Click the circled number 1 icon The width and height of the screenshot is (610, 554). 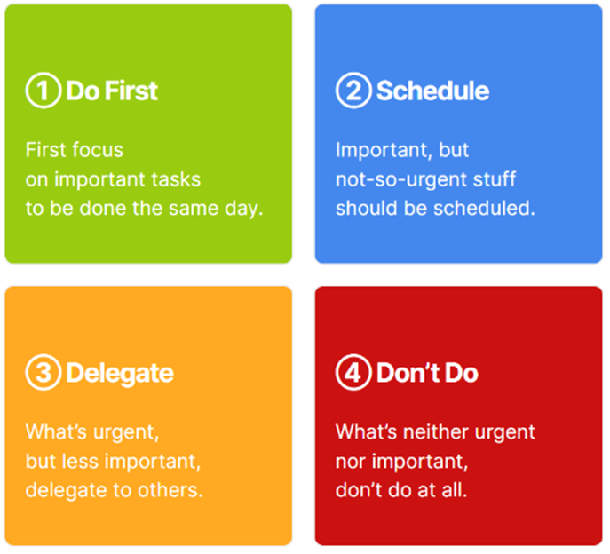(44, 91)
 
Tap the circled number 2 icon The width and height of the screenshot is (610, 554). (353, 91)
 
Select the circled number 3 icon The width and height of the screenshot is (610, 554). (44, 372)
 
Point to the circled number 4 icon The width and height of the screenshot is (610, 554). (353, 372)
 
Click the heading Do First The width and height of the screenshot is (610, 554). (112, 91)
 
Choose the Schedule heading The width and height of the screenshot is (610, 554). (432, 91)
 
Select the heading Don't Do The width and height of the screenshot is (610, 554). (427, 373)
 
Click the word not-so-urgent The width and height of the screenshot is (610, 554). (401, 180)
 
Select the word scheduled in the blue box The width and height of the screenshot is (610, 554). (482, 208)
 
